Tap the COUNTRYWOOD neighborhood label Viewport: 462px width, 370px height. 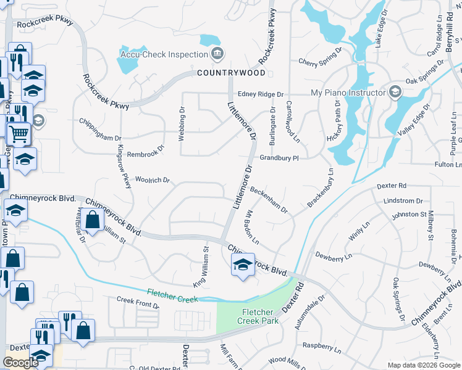[231, 73]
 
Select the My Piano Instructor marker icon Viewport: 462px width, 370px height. [396, 93]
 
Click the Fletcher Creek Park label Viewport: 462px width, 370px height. [258, 316]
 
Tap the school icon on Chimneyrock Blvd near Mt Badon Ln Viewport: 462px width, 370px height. [243, 266]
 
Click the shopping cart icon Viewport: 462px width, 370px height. [19, 132]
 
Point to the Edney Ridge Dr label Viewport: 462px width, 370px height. [261, 94]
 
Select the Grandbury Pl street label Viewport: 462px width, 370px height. [279, 158]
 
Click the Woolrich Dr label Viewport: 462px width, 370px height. [152, 180]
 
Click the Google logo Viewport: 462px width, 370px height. [21, 363]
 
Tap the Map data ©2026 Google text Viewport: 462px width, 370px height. [423, 365]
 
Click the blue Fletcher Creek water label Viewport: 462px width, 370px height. [173, 295]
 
